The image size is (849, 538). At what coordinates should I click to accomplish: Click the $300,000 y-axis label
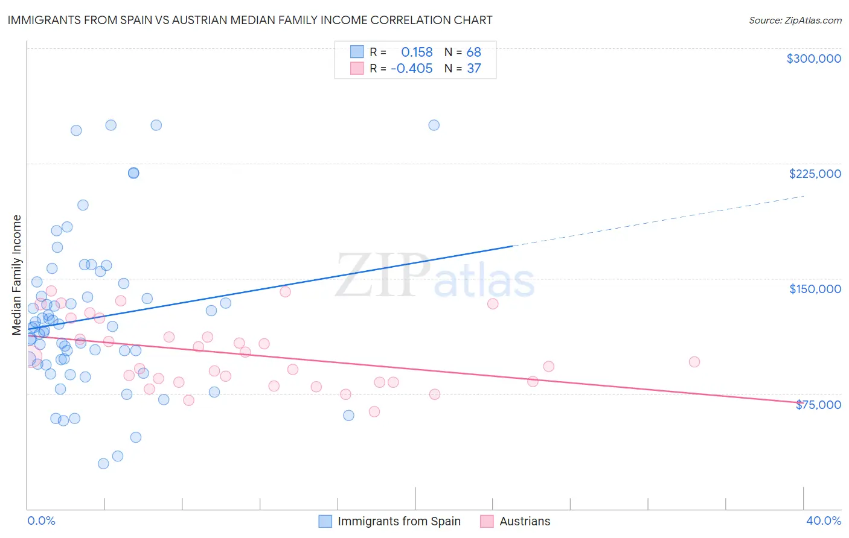(813, 59)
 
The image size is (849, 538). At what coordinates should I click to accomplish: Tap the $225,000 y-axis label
(815, 174)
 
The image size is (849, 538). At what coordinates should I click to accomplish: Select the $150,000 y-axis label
(815, 289)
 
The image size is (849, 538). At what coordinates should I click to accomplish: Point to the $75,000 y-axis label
(818, 404)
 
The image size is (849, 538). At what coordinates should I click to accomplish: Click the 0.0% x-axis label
(41, 521)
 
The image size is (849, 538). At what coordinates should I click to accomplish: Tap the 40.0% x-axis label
(823, 521)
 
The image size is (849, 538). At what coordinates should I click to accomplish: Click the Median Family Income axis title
(16, 275)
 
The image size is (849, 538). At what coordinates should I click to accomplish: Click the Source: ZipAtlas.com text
(795, 20)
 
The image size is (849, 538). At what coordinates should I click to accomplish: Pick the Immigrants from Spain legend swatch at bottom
(325, 521)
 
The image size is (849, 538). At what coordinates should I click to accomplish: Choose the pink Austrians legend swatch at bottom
(487, 521)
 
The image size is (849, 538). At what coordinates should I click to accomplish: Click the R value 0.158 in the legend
(417, 52)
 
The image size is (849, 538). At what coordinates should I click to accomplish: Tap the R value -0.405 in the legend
(412, 68)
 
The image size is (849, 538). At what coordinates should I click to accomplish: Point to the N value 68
(473, 52)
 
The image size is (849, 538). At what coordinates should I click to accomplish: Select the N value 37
(473, 68)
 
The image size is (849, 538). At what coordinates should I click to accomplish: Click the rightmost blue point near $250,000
(434, 125)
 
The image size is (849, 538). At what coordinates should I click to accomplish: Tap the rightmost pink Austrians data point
(694, 362)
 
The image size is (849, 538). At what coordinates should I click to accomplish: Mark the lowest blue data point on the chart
(103, 464)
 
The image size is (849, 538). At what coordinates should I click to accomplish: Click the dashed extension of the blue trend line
(658, 221)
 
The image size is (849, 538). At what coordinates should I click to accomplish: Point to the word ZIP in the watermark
(382, 276)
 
